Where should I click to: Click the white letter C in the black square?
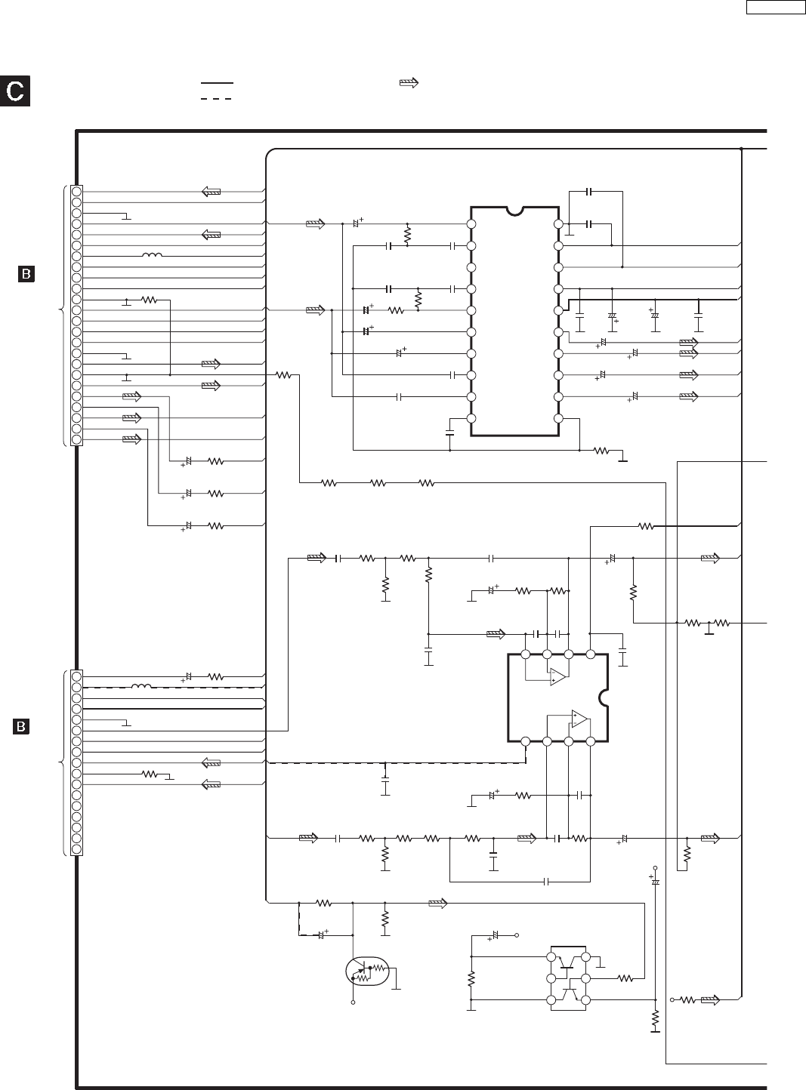[x=15, y=91]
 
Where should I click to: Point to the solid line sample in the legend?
[x=217, y=83]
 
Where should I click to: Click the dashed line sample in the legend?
[x=217, y=98]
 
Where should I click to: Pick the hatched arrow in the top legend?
[x=409, y=83]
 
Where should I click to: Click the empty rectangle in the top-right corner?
[x=776, y=8]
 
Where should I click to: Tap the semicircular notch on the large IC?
[x=515, y=211]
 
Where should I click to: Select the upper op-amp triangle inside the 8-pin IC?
[x=558, y=676]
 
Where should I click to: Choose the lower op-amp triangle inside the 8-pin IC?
[x=579, y=719]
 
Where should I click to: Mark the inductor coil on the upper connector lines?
[x=152, y=256]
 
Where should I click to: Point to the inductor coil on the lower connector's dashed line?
[x=141, y=687]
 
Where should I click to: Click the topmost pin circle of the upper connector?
[x=76, y=191]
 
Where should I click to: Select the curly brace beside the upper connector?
[x=62, y=315]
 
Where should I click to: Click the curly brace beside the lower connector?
[x=62, y=762]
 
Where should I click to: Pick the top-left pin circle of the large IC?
[x=471, y=224]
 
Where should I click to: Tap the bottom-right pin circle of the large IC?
[x=558, y=418]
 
